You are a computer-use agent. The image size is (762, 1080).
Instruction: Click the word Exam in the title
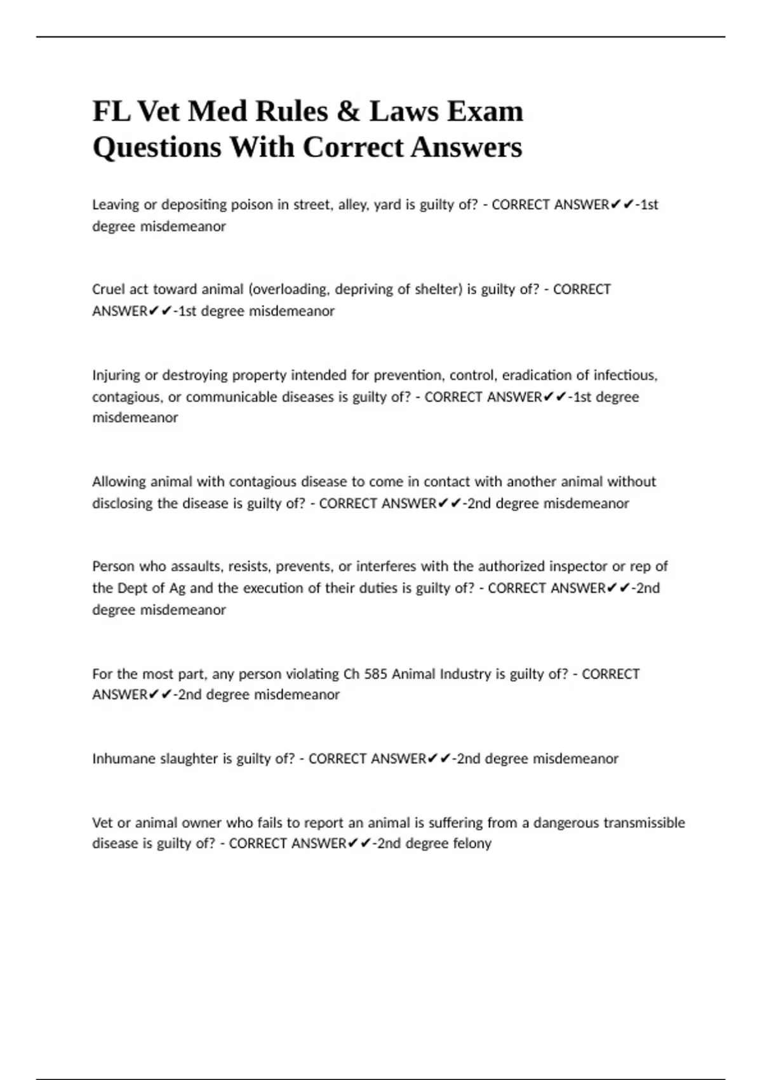point(486,111)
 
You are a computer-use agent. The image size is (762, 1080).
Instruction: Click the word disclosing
point(123,504)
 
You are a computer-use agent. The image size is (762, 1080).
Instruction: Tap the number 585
point(376,673)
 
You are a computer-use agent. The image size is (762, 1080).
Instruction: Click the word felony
point(471,844)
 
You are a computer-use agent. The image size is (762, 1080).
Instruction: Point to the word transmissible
point(644,823)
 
